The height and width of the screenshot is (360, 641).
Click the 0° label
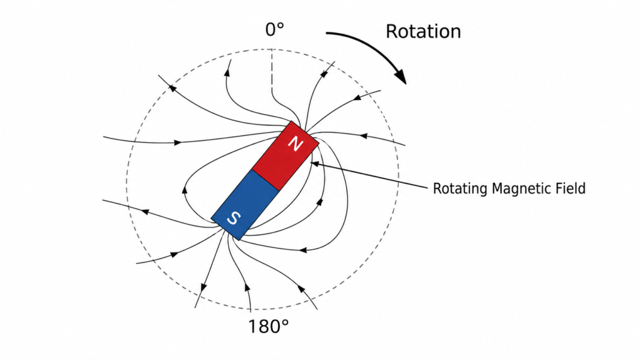274,30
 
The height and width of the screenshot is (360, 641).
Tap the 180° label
268,326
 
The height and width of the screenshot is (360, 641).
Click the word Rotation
423,31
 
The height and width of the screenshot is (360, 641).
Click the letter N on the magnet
295,144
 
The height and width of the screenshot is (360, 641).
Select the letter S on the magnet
233,218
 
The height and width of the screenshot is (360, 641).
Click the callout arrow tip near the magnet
312,163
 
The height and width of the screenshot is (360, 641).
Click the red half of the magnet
285,156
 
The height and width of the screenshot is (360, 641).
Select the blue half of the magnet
245,205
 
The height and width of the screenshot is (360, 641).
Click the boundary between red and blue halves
265,180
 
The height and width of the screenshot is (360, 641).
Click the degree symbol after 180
285,322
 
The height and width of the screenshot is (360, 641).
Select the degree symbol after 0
280,26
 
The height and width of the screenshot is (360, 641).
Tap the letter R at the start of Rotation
391,32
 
